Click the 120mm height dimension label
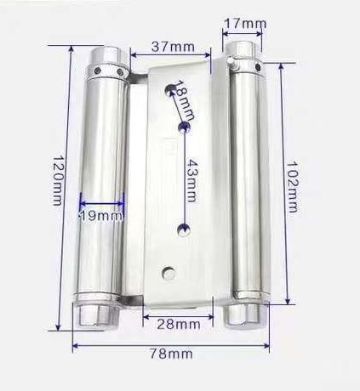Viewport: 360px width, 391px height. click(58, 180)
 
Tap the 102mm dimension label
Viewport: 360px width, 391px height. click(292, 187)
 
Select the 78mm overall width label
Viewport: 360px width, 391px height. click(171, 354)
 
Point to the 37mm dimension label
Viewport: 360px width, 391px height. click(173, 47)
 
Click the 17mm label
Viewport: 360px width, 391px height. click(245, 24)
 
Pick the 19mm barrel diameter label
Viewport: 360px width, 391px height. click(101, 216)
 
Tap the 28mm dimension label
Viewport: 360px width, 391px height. click(179, 324)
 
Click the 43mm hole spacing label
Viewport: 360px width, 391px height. click(191, 181)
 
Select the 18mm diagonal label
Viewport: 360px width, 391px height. click(186, 99)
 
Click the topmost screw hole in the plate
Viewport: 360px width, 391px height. click(171, 89)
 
